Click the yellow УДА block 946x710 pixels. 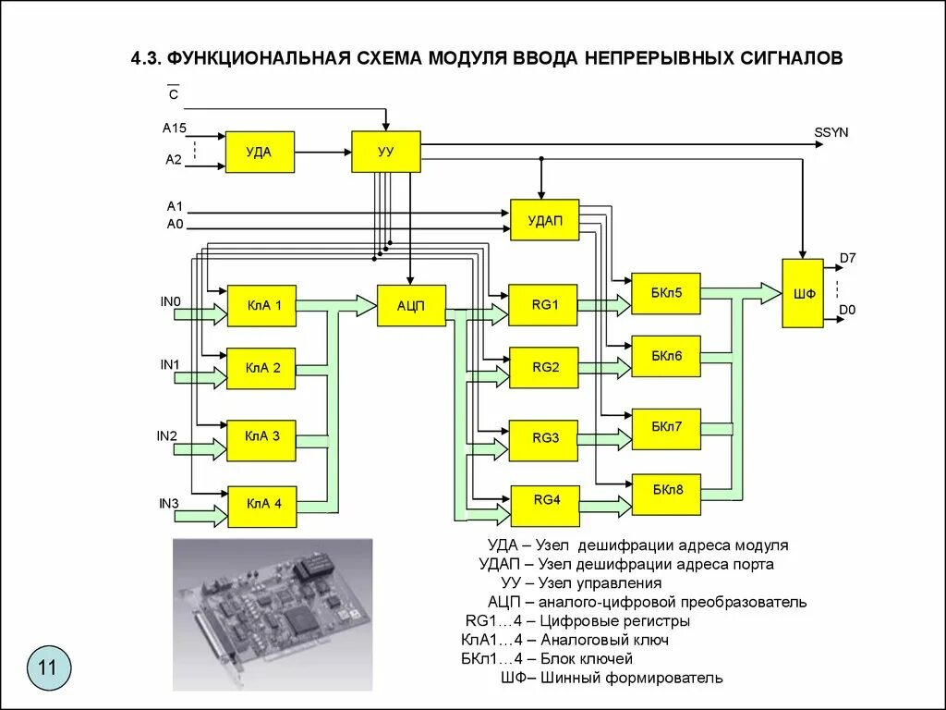tap(260, 153)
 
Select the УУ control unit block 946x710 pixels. tap(386, 152)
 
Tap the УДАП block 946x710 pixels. tap(545, 220)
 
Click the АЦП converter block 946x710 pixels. tap(411, 305)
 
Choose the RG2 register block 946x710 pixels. tap(544, 368)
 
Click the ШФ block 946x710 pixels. tap(803, 293)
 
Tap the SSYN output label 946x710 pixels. tap(831, 133)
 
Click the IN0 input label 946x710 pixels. tap(171, 302)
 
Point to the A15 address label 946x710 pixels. tap(175, 128)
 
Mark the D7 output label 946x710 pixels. tap(848, 259)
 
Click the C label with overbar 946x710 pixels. tap(174, 93)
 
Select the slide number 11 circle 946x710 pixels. tap(48, 668)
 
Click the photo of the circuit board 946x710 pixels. tap(273, 615)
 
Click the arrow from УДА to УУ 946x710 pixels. tap(323, 153)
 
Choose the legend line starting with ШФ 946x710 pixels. tap(612, 678)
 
